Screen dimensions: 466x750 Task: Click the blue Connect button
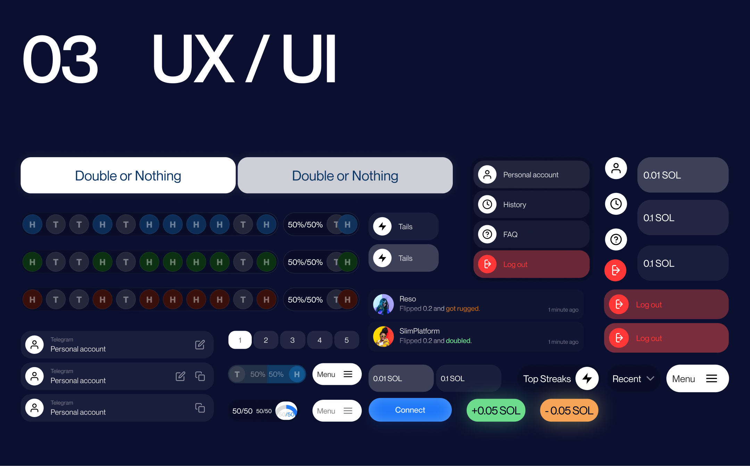click(x=410, y=410)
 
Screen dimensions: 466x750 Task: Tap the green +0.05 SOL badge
click(x=496, y=410)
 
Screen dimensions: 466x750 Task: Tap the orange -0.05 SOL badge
click(x=569, y=410)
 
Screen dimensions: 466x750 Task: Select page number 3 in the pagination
click(x=292, y=340)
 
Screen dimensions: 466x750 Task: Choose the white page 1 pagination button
click(x=240, y=340)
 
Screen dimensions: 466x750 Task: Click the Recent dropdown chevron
click(x=650, y=379)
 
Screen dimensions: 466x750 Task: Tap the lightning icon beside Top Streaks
click(x=587, y=379)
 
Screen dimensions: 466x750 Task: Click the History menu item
click(x=531, y=205)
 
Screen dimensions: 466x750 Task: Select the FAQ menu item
click(x=531, y=235)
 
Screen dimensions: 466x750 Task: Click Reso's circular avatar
click(x=383, y=304)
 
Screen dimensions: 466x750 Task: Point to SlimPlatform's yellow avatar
click(x=383, y=337)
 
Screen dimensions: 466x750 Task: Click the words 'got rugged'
click(x=462, y=308)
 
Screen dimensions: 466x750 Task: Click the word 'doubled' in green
click(x=458, y=341)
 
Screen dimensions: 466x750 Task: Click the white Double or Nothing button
click(x=128, y=176)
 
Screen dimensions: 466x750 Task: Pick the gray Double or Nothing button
click(x=345, y=176)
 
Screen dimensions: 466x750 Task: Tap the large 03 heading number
click(x=60, y=59)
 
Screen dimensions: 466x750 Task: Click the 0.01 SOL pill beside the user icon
click(x=683, y=175)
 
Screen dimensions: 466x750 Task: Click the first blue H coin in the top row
click(x=32, y=224)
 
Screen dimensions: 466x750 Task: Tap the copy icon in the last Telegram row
click(x=200, y=408)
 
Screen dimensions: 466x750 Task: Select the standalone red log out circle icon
click(x=616, y=270)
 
